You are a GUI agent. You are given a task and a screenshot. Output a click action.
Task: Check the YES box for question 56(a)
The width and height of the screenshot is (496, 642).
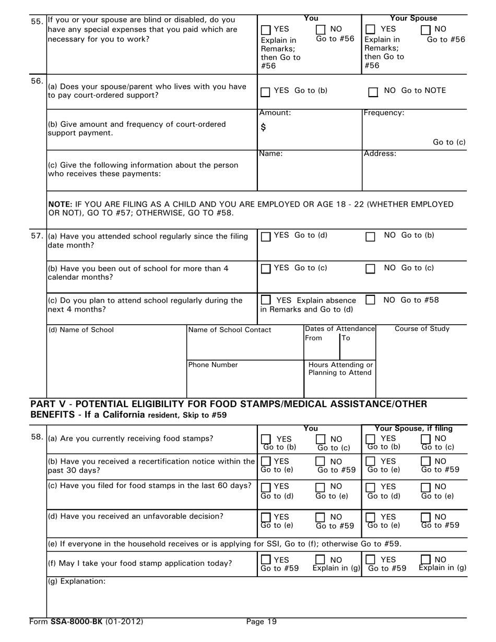[x=265, y=92]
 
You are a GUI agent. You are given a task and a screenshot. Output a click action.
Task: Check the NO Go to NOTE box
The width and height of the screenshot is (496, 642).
[x=373, y=92]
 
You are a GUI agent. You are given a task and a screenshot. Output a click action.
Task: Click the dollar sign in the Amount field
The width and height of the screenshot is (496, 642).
[x=263, y=127]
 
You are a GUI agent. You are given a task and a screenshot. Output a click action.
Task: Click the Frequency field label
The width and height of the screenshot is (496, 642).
[x=384, y=113]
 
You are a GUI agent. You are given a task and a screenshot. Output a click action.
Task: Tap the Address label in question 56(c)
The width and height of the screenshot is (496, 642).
[x=380, y=153]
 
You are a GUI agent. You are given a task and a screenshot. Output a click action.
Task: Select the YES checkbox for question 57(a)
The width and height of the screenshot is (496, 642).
[x=265, y=237]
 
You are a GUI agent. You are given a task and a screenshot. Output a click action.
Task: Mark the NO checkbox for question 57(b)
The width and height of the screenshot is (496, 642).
[x=370, y=269]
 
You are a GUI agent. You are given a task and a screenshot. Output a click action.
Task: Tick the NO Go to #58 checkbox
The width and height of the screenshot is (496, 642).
[x=370, y=301]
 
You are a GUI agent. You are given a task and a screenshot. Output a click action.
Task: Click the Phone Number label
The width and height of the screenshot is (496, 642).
[x=213, y=365]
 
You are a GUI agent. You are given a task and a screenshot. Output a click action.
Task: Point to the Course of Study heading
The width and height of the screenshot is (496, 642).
[x=422, y=329]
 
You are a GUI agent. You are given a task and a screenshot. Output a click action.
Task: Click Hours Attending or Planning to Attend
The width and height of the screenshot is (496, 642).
[x=340, y=369]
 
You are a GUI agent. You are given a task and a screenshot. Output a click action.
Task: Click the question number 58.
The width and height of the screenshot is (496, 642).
[x=37, y=436]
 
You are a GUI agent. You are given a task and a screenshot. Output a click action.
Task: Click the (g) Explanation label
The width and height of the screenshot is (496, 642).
[x=77, y=580]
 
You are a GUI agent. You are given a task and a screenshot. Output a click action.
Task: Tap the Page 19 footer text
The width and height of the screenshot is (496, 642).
[x=262, y=622]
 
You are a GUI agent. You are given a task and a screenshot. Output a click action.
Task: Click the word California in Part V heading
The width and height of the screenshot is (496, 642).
[x=118, y=415]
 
